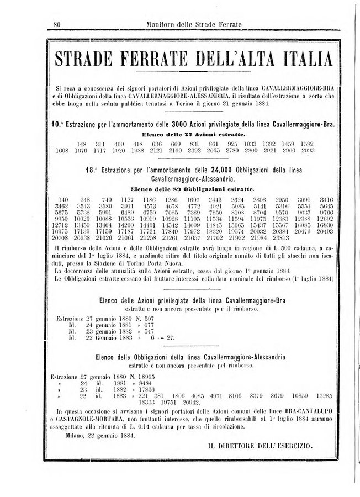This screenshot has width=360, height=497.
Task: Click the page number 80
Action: pyautogui.click(x=56, y=24)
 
